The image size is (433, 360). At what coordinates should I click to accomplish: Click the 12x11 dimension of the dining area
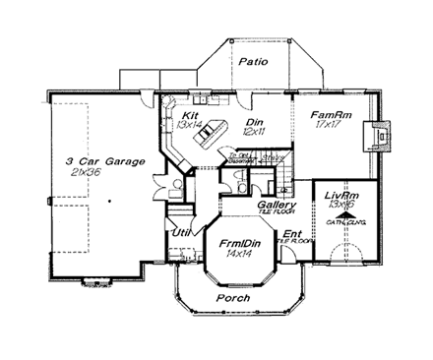pos(253,131)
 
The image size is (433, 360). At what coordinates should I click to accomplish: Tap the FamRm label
pos(325,115)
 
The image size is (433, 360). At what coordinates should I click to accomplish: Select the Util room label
pos(181,233)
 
